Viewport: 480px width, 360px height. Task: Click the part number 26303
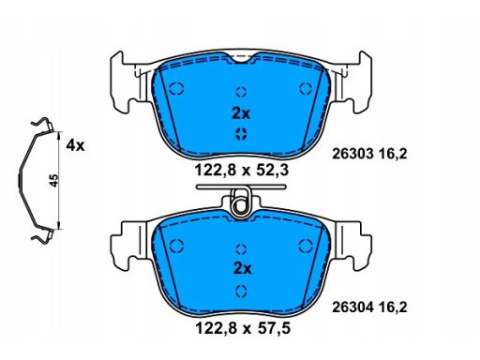[352, 154]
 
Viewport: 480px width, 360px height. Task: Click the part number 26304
[352, 307]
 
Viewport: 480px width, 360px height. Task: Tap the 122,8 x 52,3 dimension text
[241, 171]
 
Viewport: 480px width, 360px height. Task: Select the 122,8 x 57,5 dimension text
[243, 328]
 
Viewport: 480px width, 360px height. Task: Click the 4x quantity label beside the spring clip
[75, 145]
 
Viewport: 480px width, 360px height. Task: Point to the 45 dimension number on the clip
[54, 181]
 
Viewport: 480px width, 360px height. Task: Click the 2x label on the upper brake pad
[241, 113]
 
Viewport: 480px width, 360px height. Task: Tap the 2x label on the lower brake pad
[243, 268]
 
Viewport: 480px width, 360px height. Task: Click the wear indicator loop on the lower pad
[240, 203]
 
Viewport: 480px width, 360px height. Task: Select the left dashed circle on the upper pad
[176, 88]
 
